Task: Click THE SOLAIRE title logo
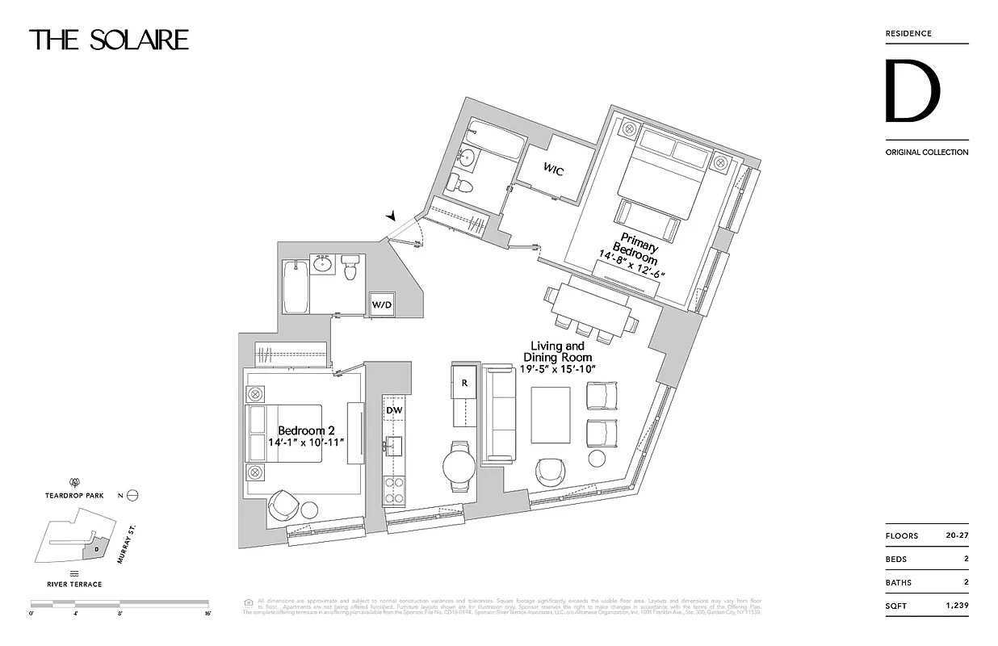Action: click(x=109, y=40)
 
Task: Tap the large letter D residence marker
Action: click(x=912, y=91)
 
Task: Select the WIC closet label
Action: click(x=553, y=170)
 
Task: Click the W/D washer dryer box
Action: click(x=382, y=304)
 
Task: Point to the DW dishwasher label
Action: click(x=393, y=410)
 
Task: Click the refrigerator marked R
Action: click(x=465, y=383)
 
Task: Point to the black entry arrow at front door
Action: click(x=392, y=216)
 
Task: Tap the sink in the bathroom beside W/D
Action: click(x=324, y=264)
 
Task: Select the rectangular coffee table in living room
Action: click(x=550, y=415)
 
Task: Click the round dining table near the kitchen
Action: click(x=460, y=467)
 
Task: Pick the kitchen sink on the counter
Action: click(x=395, y=447)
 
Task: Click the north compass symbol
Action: click(x=133, y=496)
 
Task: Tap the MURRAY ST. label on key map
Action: click(x=124, y=547)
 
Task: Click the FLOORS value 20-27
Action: click(x=957, y=535)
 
